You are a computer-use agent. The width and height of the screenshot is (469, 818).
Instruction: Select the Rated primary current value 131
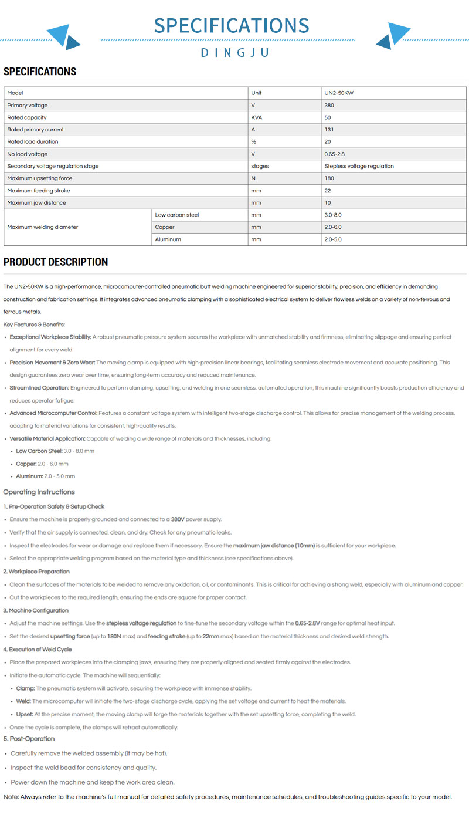pyautogui.click(x=329, y=130)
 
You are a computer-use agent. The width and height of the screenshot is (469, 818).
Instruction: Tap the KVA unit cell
pyautogui.click(x=256, y=117)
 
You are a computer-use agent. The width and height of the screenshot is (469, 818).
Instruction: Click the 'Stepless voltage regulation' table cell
pyautogui.click(x=359, y=166)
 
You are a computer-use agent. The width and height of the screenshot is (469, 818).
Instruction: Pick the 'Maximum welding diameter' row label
pyautogui.click(x=42, y=227)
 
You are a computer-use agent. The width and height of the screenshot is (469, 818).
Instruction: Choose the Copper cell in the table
pyautogui.click(x=165, y=227)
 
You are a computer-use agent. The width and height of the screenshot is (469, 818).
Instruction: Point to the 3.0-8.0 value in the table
pyautogui.click(x=333, y=215)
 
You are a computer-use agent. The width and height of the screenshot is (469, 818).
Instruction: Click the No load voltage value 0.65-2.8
pyautogui.click(x=335, y=154)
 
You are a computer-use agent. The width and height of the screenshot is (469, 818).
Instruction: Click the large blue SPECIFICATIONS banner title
pyautogui.click(x=232, y=25)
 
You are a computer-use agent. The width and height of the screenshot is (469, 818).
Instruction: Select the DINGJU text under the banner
pyautogui.click(x=235, y=53)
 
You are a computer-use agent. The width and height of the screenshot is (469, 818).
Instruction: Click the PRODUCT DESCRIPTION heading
pyautogui.click(x=56, y=262)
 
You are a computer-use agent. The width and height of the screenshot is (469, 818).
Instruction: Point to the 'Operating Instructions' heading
pyautogui.click(x=39, y=492)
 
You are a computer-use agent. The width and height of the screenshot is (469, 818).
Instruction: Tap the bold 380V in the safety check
pyautogui.click(x=178, y=519)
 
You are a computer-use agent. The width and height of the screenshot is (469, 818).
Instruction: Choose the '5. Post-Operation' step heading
pyautogui.click(x=29, y=739)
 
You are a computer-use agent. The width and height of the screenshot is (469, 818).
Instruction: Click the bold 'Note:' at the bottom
pyautogui.click(x=11, y=797)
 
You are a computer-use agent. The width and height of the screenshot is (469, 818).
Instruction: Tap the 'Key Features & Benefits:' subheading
pyautogui.click(x=34, y=325)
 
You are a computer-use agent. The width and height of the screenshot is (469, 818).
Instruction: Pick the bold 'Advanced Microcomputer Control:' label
pyautogui.click(x=53, y=413)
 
